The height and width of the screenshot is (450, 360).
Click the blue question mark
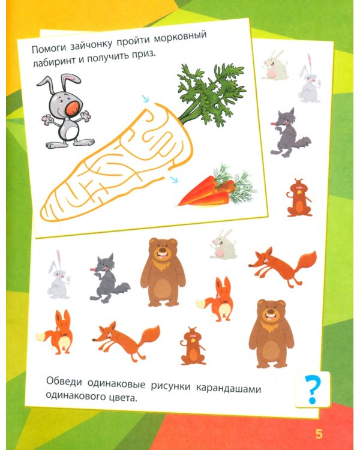click(312, 390)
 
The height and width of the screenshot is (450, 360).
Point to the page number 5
click(319, 434)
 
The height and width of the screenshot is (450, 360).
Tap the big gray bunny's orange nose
click(73, 108)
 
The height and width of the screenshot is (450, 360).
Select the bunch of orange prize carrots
click(217, 187)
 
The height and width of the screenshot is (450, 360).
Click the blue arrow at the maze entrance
click(146, 98)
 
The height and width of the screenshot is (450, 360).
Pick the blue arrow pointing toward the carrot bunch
click(173, 179)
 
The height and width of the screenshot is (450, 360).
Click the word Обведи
click(64, 382)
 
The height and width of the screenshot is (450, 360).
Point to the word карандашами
click(229, 389)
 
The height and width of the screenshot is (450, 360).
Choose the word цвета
click(122, 397)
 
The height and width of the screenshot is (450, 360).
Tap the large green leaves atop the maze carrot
click(211, 94)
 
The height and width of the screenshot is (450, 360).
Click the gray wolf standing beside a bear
click(109, 278)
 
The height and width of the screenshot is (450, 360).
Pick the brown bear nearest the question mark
click(271, 334)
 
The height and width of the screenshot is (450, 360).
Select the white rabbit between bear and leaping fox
click(223, 245)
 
